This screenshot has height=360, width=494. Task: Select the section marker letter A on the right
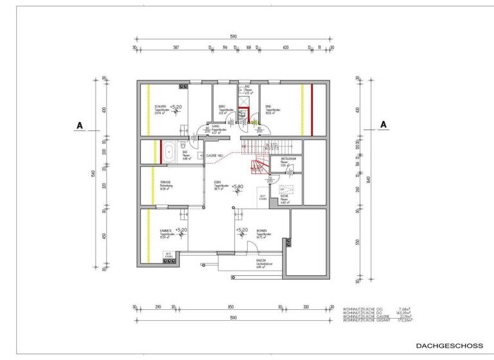point(383,123)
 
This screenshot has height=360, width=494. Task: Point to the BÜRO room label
point(222,106)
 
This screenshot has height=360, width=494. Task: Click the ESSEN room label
point(219,183)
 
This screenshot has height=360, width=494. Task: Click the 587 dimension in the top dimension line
point(175,48)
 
